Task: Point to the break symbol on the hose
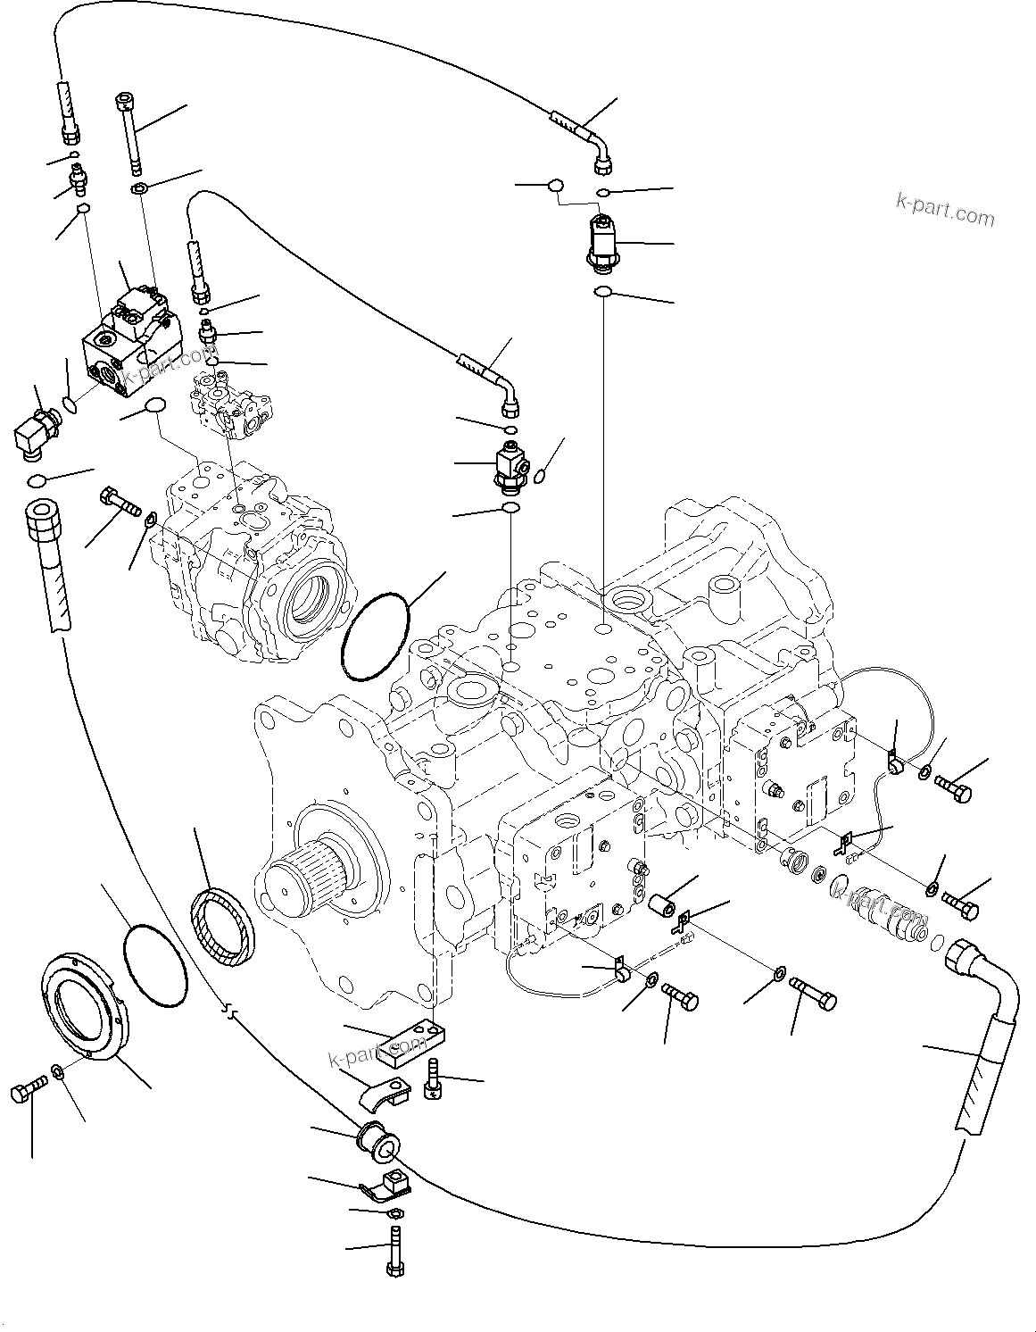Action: click(230, 1010)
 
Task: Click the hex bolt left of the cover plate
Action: click(29, 1090)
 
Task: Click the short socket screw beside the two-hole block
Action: click(435, 1079)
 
